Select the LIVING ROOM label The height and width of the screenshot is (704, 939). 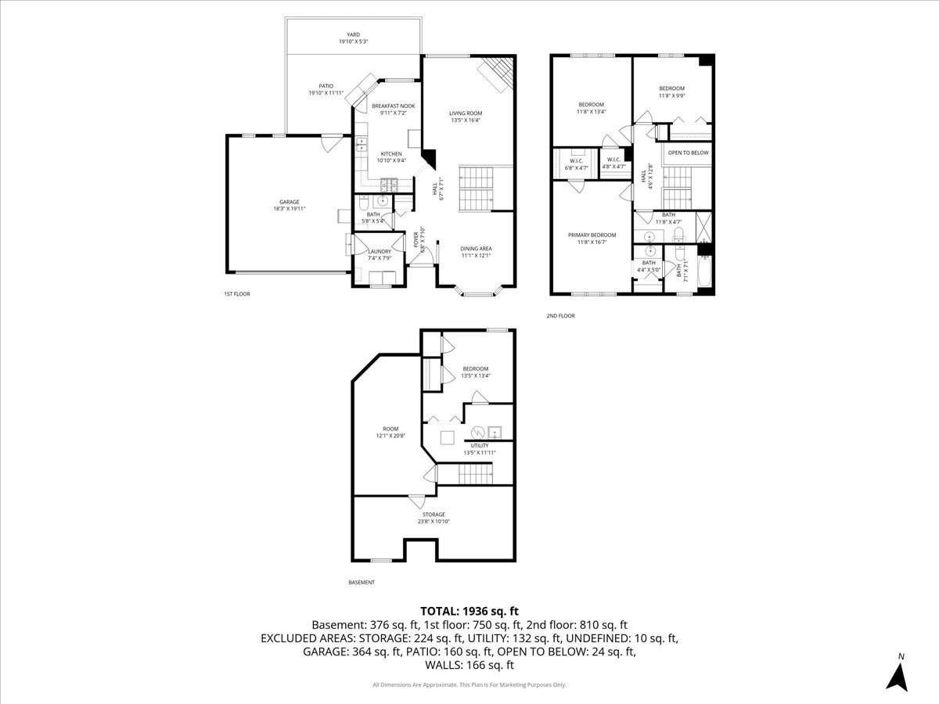coord(466,113)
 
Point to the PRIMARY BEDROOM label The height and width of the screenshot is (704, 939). coord(592,235)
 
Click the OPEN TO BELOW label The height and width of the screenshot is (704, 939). coord(688,153)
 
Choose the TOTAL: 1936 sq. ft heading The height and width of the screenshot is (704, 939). coord(469,611)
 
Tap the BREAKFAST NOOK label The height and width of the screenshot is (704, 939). coord(393,106)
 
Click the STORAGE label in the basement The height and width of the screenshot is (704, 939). coord(434,514)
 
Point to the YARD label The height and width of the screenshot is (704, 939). coord(354,34)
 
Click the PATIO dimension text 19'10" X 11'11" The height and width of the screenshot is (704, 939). coord(326,93)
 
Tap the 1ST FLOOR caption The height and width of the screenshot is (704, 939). coord(236,294)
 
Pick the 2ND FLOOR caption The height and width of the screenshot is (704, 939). coord(560,316)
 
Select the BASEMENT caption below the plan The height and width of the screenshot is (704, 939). coord(361,582)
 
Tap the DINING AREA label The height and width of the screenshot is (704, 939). coord(476,249)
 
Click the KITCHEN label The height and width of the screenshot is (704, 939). coord(391,153)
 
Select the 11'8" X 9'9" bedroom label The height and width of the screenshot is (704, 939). coord(671,88)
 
